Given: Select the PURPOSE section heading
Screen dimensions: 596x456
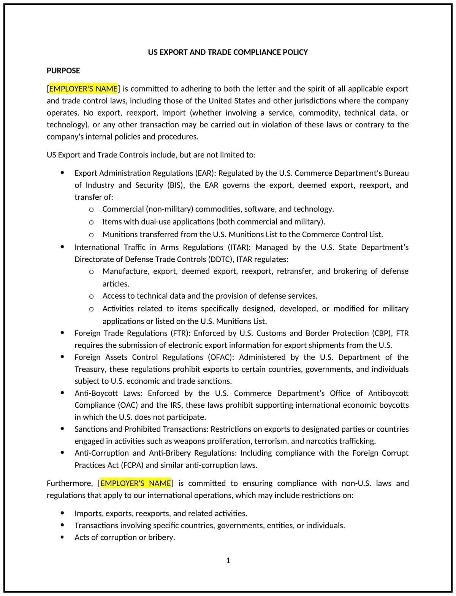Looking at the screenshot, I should [63, 70].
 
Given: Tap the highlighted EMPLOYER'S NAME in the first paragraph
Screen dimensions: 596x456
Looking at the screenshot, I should [83, 89].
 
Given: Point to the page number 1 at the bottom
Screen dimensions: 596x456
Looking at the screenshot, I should [228, 560].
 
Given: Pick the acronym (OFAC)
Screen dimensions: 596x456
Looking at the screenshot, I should [221, 357].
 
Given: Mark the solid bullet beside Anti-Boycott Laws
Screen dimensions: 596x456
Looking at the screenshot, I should [62, 393].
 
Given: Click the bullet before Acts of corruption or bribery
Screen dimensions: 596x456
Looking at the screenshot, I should [62, 537].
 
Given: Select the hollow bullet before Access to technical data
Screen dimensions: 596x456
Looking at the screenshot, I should [91, 296].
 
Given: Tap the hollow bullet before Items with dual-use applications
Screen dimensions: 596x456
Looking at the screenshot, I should [91, 222].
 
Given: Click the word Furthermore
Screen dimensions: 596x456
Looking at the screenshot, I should [69, 483].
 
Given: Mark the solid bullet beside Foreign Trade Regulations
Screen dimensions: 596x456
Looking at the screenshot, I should [62, 333].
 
